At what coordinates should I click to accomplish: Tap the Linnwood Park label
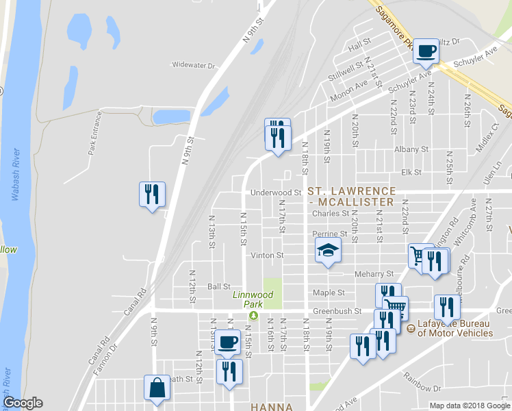pyautogui.click(x=253, y=295)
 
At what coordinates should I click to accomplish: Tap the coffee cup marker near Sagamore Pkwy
pyautogui.click(x=426, y=51)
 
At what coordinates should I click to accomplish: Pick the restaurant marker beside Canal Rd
pyautogui.click(x=152, y=194)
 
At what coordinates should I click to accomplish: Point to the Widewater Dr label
pyautogui.click(x=194, y=66)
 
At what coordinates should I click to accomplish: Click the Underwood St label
pyautogui.click(x=276, y=193)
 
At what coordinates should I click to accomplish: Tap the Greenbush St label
pyautogui.click(x=337, y=311)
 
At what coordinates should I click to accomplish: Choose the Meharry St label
pyautogui.click(x=374, y=274)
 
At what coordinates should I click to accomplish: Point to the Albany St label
pyautogui.click(x=411, y=149)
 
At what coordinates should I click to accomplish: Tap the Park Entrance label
pyautogui.click(x=94, y=134)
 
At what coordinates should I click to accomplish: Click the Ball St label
pyautogui.click(x=218, y=286)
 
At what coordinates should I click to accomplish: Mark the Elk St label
pyautogui.click(x=411, y=172)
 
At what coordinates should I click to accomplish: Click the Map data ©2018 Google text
pyautogui.click(x=468, y=406)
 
